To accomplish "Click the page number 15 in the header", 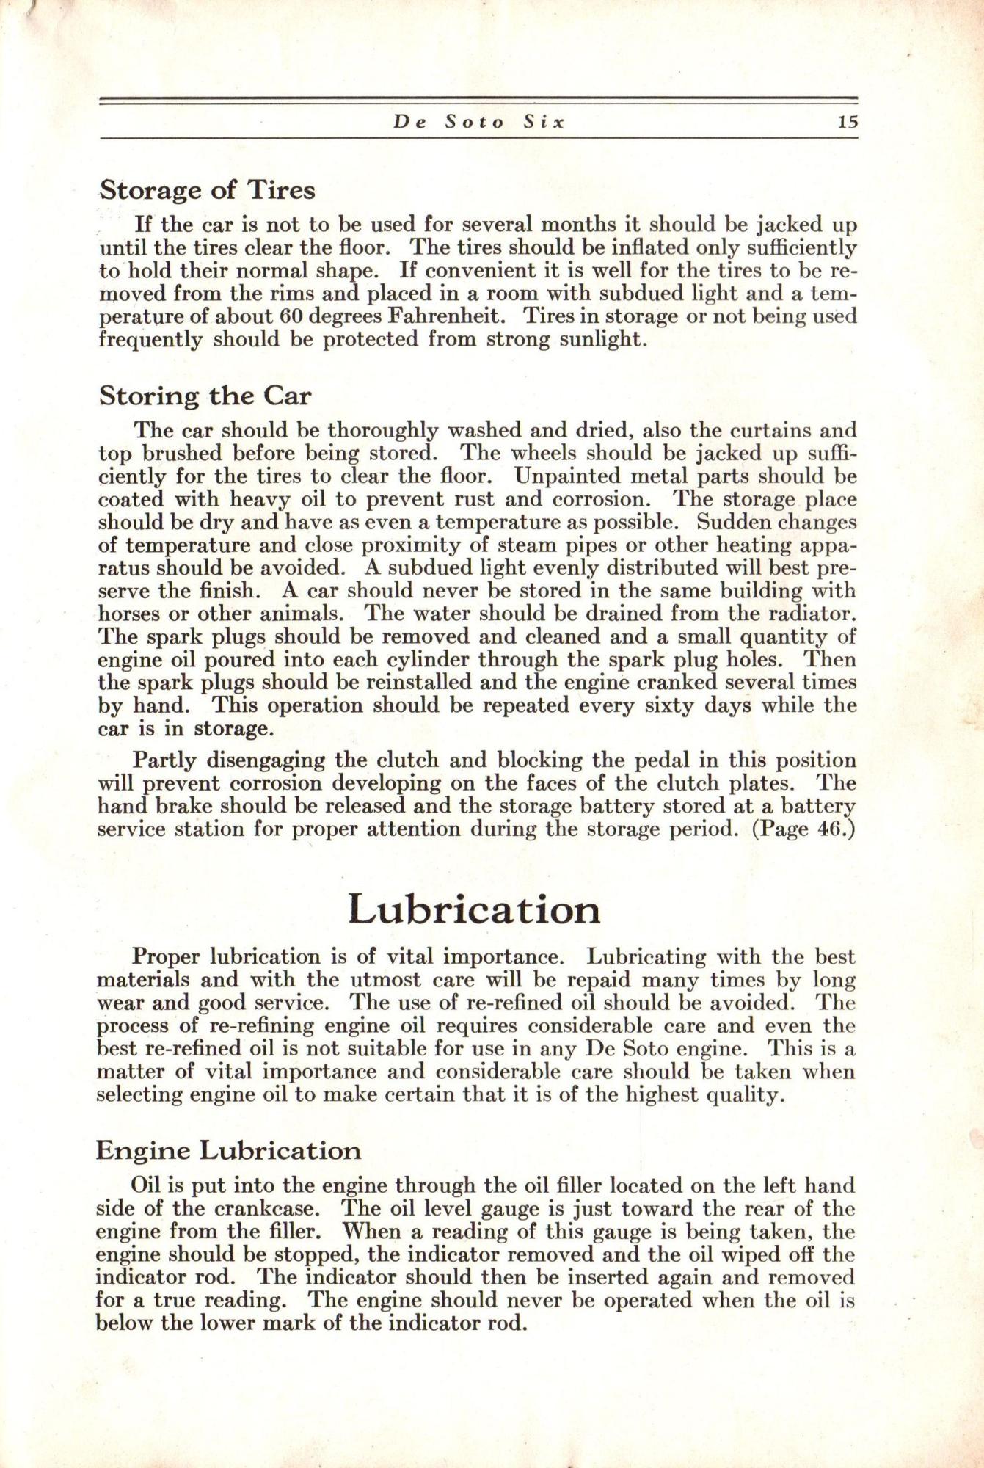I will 848,123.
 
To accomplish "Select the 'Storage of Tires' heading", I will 207,190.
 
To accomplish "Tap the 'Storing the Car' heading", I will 205,396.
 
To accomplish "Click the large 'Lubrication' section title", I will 474,909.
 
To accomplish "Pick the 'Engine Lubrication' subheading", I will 228,1150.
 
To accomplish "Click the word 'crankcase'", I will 278,1208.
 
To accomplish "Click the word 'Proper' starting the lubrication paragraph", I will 167,957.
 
